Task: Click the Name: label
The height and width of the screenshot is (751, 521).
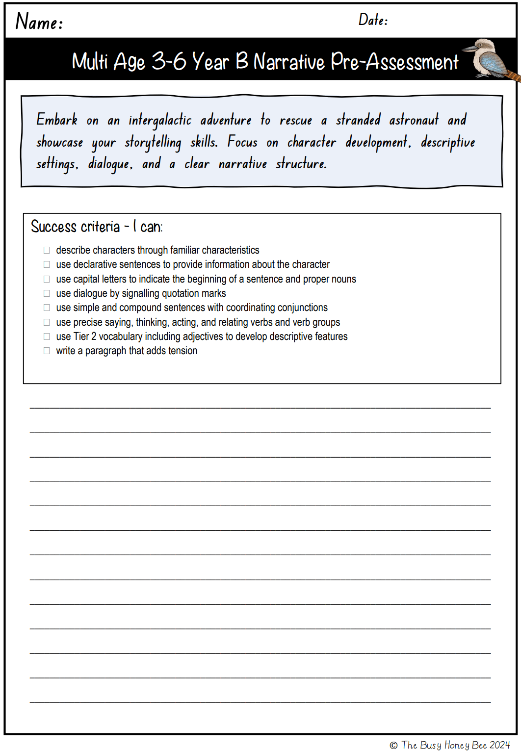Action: click(x=39, y=22)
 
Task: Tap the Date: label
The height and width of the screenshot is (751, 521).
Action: click(x=373, y=20)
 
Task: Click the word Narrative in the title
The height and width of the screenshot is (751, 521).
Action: click(x=289, y=62)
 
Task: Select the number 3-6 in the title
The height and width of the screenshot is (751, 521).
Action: click(x=169, y=62)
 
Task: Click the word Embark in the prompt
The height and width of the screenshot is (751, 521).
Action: click(x=57, y=120)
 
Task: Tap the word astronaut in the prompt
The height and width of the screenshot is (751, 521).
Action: click(x=414, y=120)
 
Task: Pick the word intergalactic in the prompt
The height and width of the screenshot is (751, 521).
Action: click(x=160, y=120)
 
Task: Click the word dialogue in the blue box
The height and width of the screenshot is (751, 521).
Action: click(x=110, y=164)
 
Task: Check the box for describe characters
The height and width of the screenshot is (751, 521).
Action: click(x=47, y=250)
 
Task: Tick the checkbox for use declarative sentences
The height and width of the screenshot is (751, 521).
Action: click(x=47, y=264)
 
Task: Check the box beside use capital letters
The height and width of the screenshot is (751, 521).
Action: click(x=47, y=279)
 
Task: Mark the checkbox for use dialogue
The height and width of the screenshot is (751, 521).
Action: click(x=47, y=293)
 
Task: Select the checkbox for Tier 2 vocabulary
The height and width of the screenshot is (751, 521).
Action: click(x=47, y=337)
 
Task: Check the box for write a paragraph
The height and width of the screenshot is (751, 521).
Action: click(x=47, y=351)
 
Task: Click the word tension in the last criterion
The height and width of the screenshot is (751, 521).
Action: click(x=182, y=351)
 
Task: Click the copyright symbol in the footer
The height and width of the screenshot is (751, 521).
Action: click(x=393, y=746)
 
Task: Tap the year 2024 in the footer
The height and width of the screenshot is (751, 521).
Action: click(x=499, y=745)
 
